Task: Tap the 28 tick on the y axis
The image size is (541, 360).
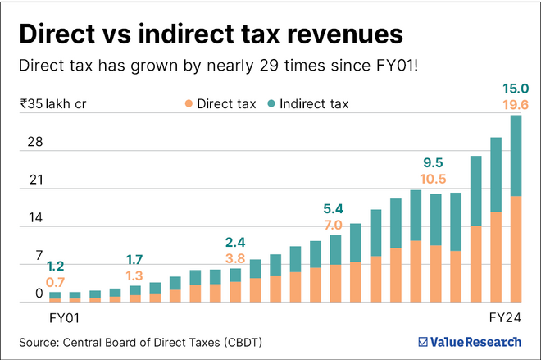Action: click(34, 142)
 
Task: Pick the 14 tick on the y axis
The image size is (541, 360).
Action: click(34, 219)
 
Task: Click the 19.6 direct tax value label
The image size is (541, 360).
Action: click(516, 103)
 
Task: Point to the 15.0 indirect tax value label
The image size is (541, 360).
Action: click(516, 88)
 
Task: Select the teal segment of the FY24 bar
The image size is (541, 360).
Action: click(516, 155)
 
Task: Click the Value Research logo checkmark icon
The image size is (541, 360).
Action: click(422, 341)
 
